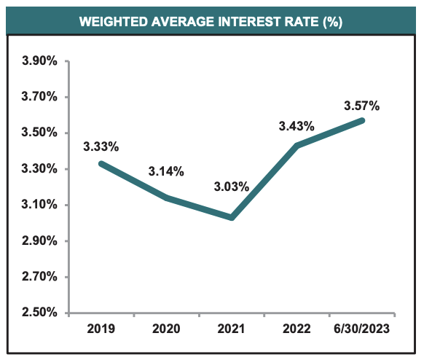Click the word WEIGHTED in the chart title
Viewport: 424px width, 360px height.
tap(112, 22)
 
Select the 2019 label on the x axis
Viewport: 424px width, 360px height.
tap(101, 329)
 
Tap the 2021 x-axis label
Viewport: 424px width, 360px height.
tap(232, 329)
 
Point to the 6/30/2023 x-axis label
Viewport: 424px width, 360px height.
tap(362, 329)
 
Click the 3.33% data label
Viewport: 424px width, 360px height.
tap(101, 146)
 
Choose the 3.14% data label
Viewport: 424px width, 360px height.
tap(166, 172)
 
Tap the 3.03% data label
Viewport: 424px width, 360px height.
tap(232, 187)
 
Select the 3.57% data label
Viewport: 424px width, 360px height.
tap(362, 106)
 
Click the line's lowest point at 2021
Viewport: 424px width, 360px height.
tap(232, 217)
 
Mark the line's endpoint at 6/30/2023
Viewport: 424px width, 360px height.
tap(362, 120)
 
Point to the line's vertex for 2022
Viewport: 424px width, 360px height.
tap(297, 146)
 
